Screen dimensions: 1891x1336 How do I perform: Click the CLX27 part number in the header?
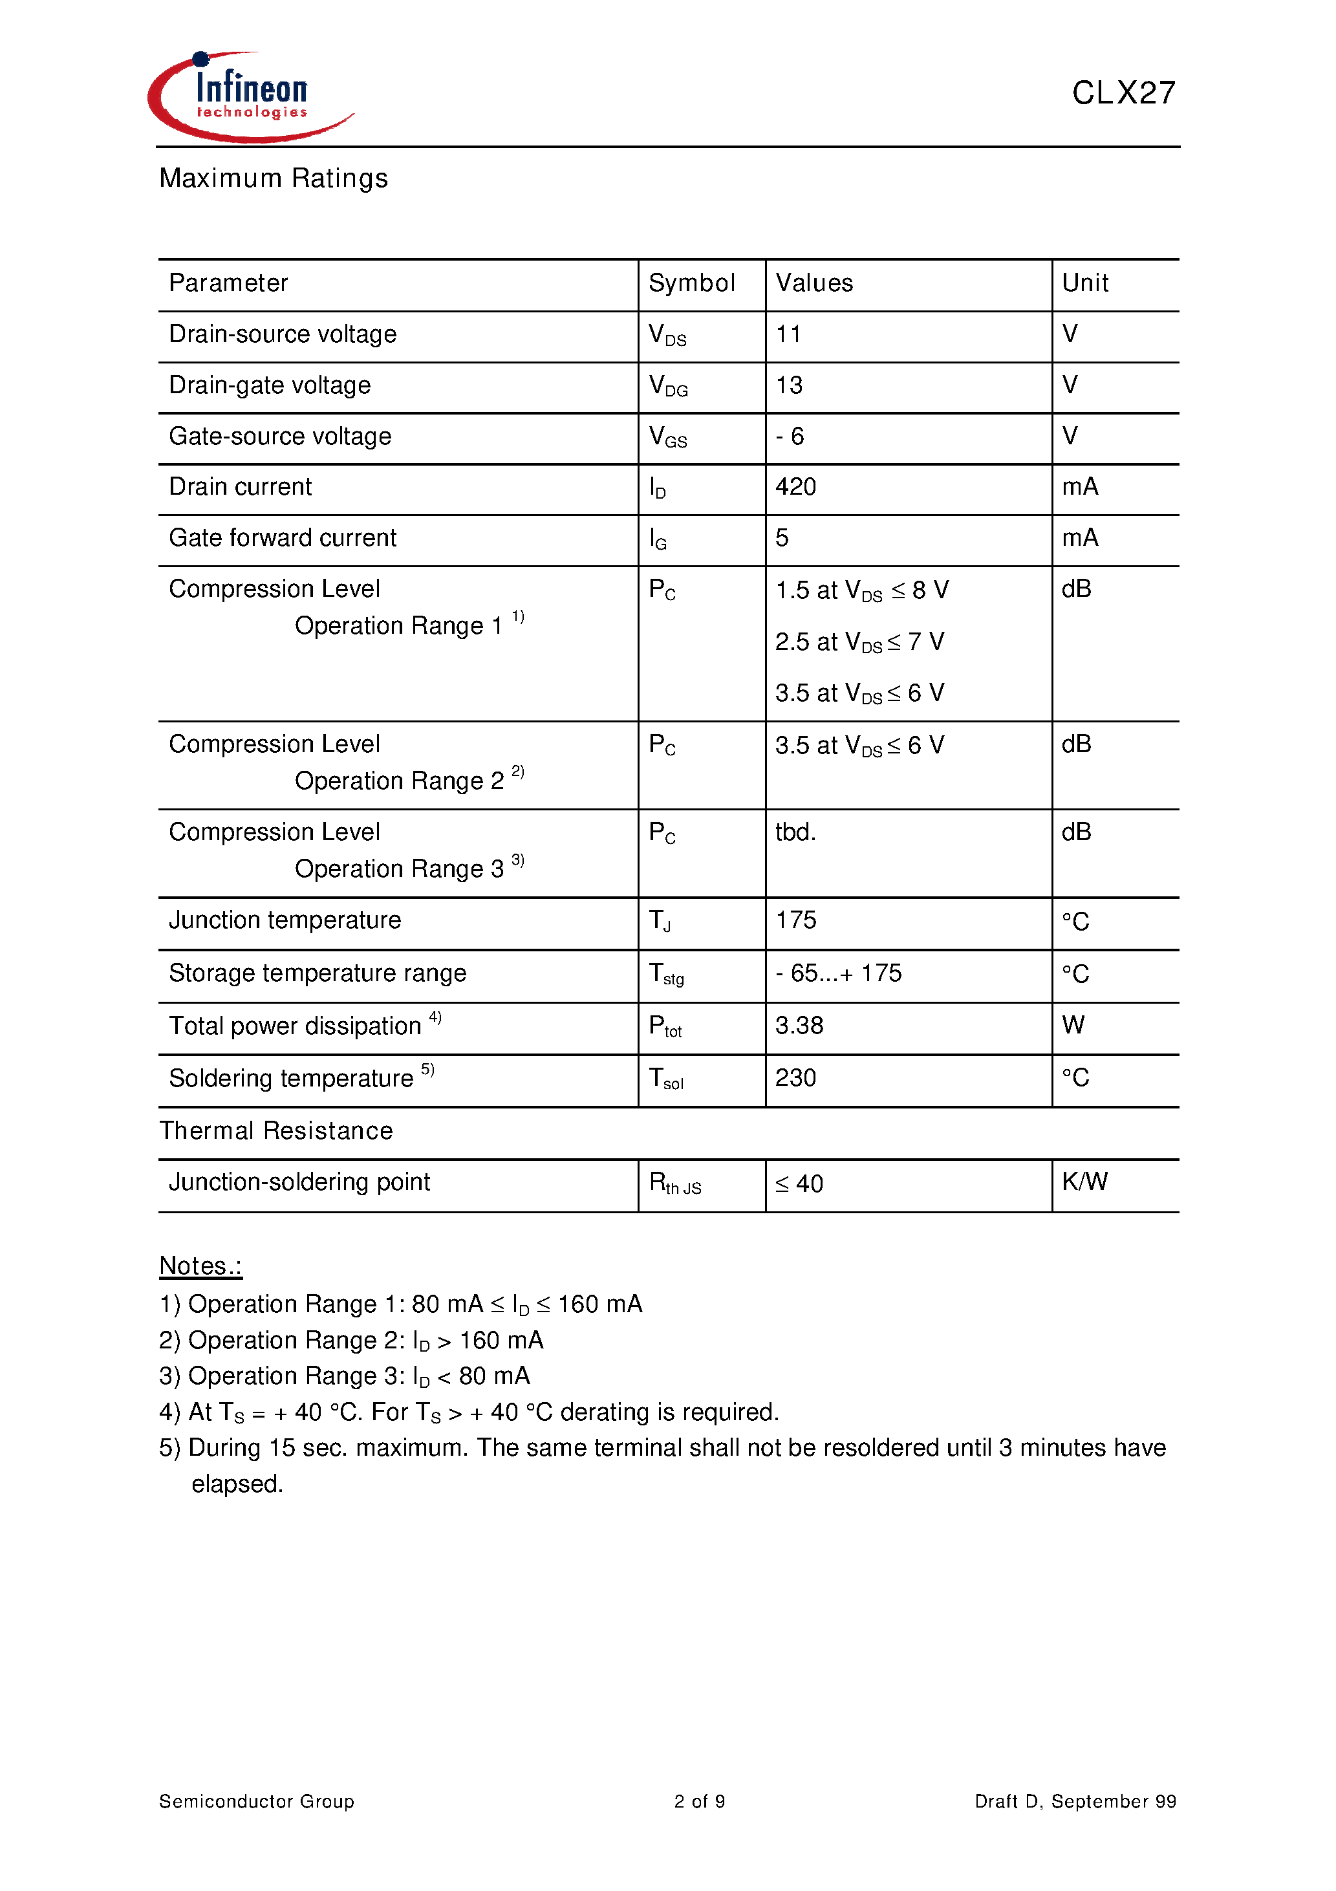coord(1123,93)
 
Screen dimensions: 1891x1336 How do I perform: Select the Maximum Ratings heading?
coord(273,178)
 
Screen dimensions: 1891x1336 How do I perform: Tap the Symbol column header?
coord(691,283)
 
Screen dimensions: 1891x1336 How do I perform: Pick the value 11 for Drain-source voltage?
coord(788,334)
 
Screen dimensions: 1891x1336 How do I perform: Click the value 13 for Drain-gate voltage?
coord(788,385)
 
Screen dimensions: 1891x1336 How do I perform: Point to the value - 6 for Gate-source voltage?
coord(789,437)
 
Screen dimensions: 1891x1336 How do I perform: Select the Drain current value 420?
coord(795,487)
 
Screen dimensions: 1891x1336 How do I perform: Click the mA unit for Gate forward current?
coord(1079,538)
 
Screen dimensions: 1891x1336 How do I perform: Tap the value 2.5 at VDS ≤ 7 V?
coord(859,642)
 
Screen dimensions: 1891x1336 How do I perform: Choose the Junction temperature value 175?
coord(795,920)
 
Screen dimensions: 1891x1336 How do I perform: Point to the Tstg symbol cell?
coord(665,975)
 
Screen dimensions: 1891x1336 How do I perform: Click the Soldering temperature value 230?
coord(795,1078)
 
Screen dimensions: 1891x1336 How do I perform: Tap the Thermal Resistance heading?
coord(276,1131)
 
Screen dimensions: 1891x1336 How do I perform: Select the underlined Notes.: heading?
coord(200,1266)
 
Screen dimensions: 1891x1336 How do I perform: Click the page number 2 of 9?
coord(699,1802)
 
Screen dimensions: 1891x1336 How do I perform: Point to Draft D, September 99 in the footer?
coord(1074,1802)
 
